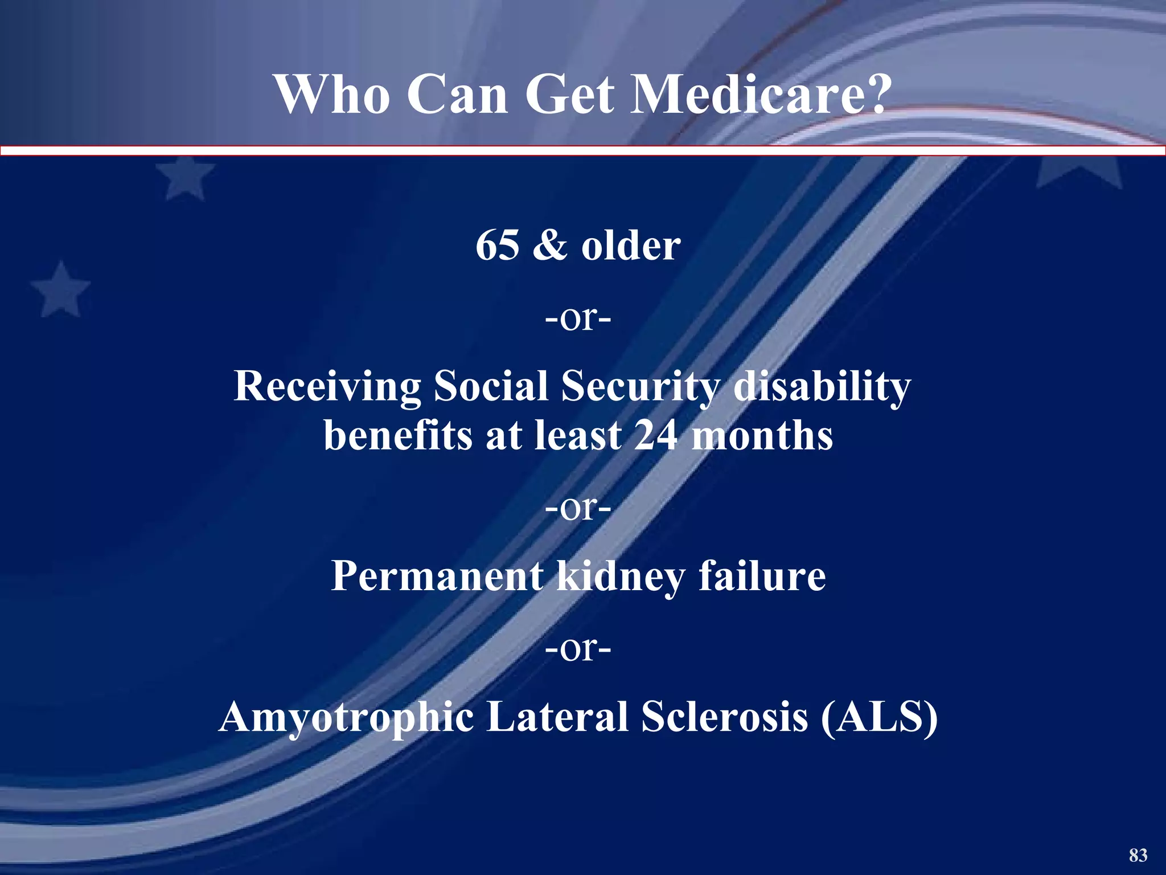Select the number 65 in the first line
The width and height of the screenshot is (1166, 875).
point(497,246)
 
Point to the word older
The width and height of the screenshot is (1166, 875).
point(631,246)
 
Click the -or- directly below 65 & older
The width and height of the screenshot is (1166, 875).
point(578,318)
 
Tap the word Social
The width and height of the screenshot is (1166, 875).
point(490,386)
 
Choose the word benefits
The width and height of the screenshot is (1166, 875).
point(398,436)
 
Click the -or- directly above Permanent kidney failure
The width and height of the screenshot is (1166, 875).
point(578,508)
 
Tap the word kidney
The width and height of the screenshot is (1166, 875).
point(620,577)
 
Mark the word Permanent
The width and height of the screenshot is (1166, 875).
point(437,576)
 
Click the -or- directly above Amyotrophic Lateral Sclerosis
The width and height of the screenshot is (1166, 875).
point(578,648)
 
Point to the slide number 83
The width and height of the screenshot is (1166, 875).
point(1138,855)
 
